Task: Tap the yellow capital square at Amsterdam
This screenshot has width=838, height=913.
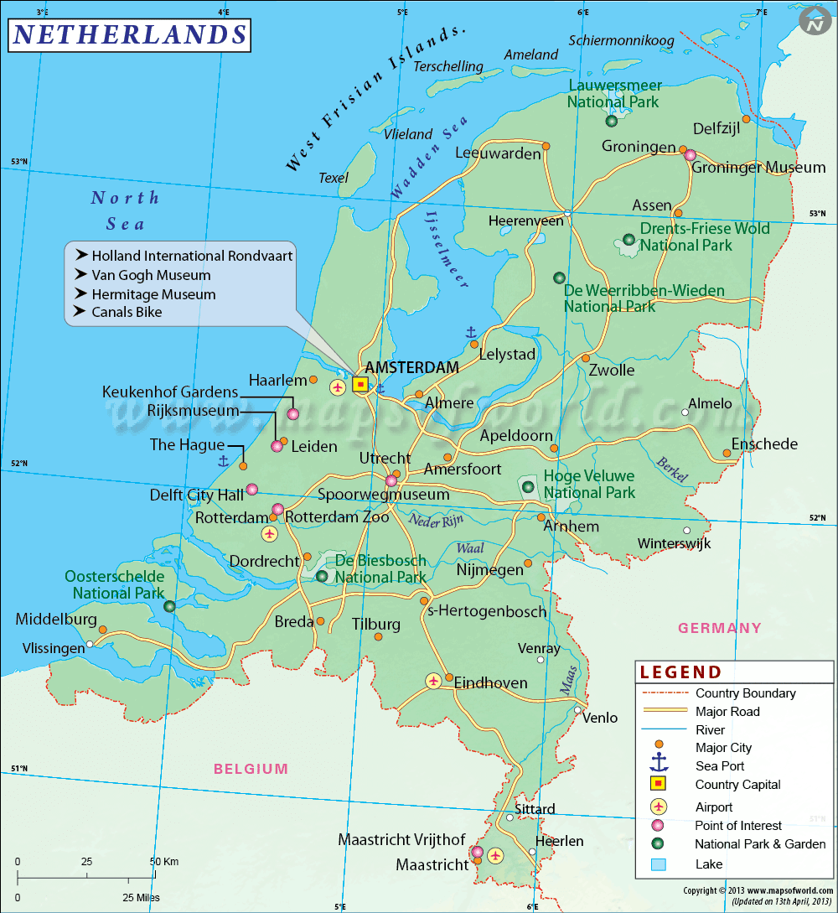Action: click(360, 384)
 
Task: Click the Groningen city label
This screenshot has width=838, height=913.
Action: click(639, 147)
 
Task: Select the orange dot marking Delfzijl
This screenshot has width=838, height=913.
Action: click(746, 119)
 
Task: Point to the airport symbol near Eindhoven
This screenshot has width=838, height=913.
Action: click(433, 681)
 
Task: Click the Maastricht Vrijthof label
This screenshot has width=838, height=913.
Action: click(401, 839)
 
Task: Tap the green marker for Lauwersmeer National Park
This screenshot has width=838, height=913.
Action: click(612, 121)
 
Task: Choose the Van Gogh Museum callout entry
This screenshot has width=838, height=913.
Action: click(151, 275)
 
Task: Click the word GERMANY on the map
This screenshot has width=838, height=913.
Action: click(720, 628)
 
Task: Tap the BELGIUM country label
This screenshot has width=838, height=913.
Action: click(251, 768)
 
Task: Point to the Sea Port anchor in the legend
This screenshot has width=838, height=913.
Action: click(659, 764)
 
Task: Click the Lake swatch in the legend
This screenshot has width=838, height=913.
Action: click(659, 864)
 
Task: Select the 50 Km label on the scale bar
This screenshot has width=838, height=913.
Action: click(164, 861)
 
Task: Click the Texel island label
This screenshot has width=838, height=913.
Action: click(334, 178)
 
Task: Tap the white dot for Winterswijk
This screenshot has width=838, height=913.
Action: click(687, 530)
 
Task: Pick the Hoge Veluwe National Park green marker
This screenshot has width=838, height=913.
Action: click(528, 486)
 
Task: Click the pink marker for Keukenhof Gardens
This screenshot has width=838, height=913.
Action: click(292, 413)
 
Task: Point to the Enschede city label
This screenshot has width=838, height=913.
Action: click(764, 444)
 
